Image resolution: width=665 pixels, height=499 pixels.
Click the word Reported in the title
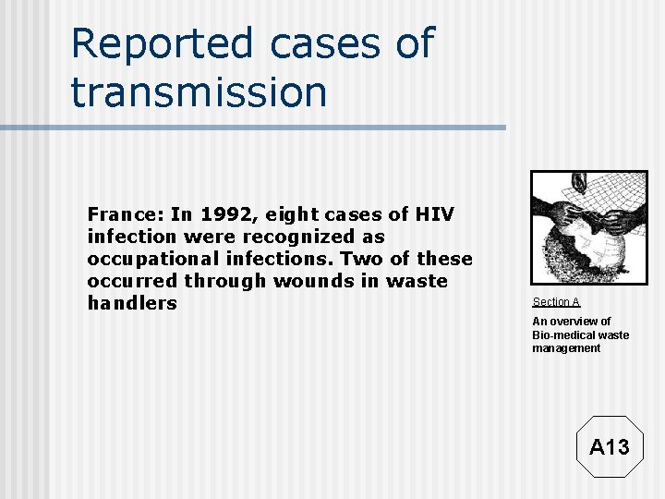(161, 44)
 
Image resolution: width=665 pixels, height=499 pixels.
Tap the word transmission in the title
(199, 92)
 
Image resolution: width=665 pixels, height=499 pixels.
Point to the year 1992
(230, 214)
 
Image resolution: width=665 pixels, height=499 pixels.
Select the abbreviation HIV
(433, 214)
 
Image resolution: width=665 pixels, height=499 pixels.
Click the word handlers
(131, 303)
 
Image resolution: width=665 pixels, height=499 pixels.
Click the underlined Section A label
(556, 302)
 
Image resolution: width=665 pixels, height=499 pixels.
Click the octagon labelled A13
(609, 447)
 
